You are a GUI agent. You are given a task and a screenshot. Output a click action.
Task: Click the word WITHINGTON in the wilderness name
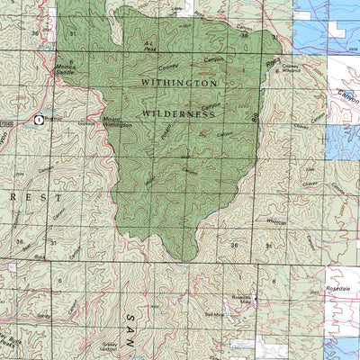tap(179, 82)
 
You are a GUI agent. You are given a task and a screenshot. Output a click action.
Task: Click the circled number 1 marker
tap(39, 119)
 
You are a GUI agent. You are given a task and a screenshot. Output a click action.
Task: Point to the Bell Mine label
tap(213, 314)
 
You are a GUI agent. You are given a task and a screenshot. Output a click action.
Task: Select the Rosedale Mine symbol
tap(255, 299)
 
